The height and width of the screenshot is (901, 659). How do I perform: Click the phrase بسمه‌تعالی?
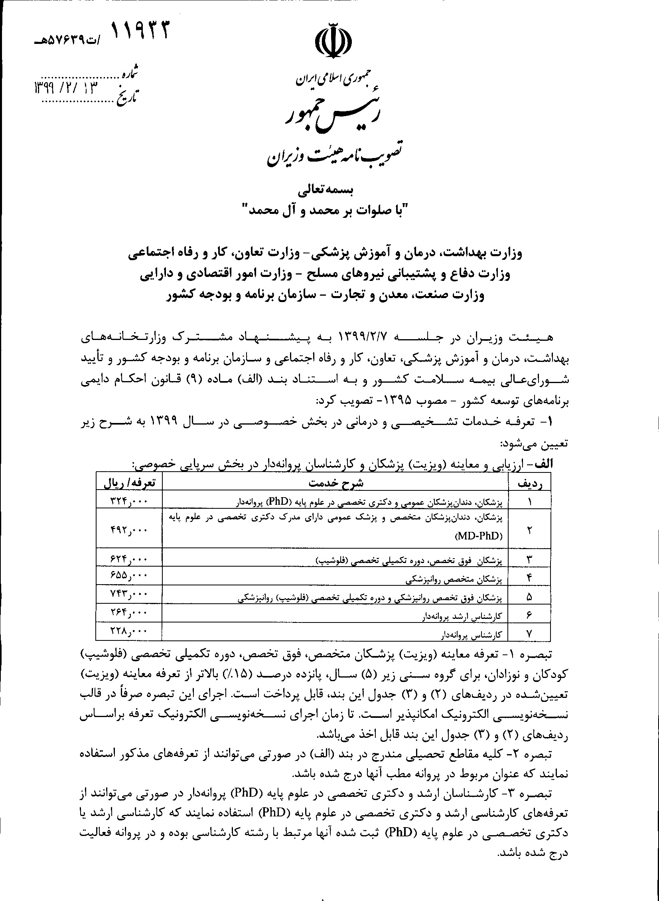point(329,191)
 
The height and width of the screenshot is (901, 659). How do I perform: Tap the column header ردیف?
point(529,484)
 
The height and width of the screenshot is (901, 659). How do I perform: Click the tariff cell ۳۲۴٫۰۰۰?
point(129,501)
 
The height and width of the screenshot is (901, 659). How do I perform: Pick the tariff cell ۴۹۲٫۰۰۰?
point(129,530)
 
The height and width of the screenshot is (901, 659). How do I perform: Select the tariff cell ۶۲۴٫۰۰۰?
point(129,559)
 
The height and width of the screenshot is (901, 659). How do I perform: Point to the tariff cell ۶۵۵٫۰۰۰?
point(129,576)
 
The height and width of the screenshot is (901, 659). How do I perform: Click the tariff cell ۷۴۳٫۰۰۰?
point(129,595)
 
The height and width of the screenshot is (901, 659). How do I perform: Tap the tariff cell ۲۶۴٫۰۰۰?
point(129,613)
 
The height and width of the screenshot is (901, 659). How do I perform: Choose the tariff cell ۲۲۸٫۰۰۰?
point(129,631)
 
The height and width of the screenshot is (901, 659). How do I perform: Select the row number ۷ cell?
point(529,632)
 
